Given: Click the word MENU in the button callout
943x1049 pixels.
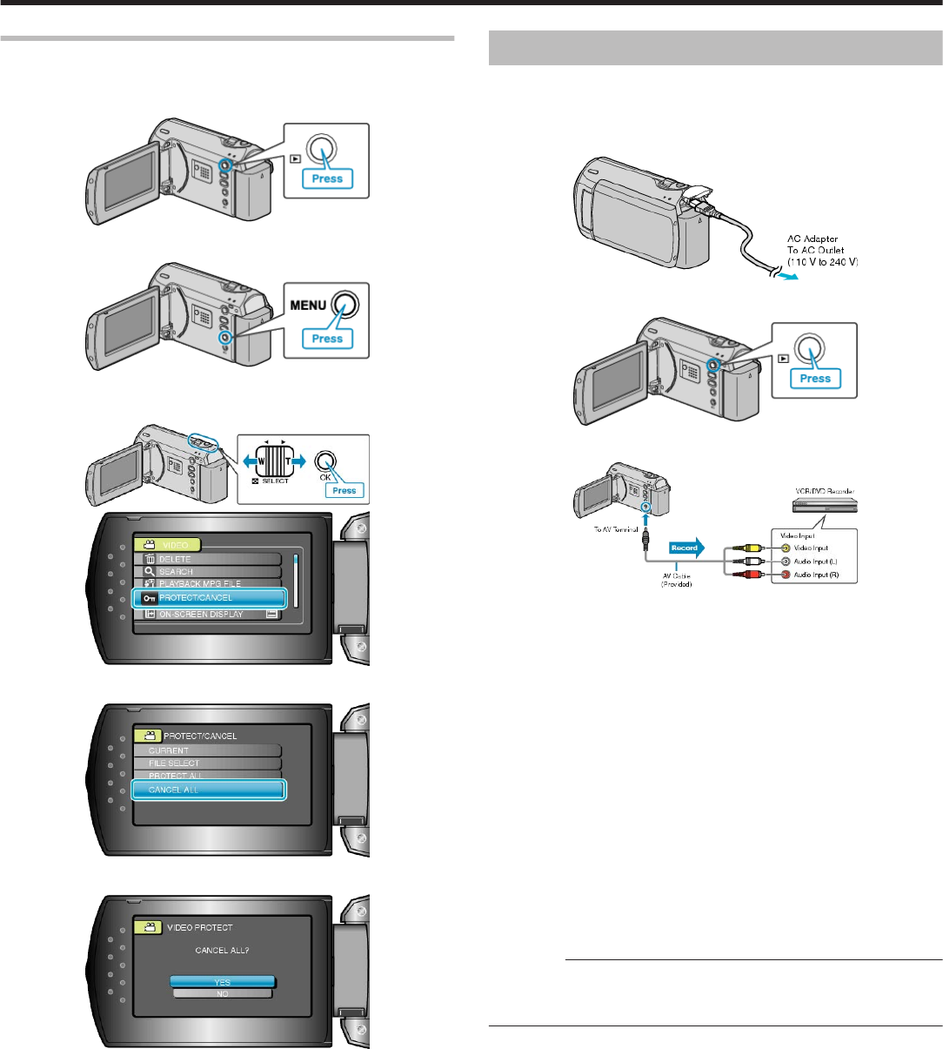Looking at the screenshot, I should pos(309,306).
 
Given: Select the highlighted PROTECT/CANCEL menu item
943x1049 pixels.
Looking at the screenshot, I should pos(209,597).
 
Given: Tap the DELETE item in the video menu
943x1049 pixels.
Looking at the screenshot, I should pos(207,559).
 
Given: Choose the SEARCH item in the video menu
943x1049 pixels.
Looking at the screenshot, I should pos(207,572).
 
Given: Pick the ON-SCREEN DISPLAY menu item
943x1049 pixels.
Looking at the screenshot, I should pos(207,614).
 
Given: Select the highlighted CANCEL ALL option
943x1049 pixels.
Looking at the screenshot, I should pos(209,790).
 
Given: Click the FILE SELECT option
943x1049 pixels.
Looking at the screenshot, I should pos(207,763).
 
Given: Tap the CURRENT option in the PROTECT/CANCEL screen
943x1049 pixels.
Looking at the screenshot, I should pos(207,750).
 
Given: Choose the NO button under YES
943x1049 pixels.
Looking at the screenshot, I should pos(223,993).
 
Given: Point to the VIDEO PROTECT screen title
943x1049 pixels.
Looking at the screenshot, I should pos(199,927).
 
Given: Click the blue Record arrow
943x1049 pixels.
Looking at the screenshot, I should pos(686,548).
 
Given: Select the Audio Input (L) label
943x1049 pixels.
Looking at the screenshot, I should pos(816,561).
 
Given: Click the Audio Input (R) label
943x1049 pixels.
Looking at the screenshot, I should pos(816,575).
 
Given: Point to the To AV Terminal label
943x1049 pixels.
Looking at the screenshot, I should pos(609,529).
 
